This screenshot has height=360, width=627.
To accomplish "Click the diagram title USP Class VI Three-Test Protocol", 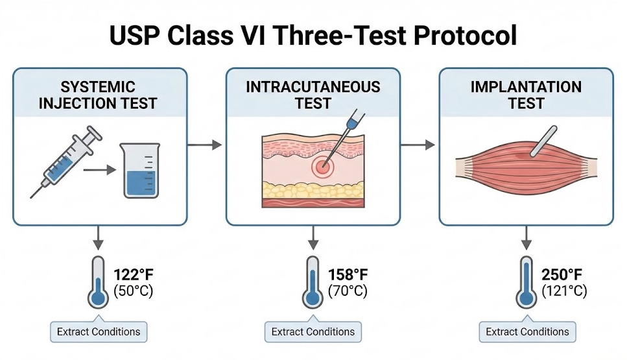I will tap(313, 36).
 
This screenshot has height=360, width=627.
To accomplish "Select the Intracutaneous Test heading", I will tap(313, 95).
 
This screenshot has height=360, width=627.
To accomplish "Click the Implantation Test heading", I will tap(526, 95).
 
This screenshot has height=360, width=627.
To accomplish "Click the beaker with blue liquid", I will tap(141, 171).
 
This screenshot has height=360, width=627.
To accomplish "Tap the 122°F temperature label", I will tap(134, 274).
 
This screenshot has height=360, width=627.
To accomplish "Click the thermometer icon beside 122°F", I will tap(99, 282).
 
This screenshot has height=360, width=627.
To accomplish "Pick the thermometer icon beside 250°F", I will tap(526, 282).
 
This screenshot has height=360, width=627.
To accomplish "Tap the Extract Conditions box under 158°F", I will tap(313, 331).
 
